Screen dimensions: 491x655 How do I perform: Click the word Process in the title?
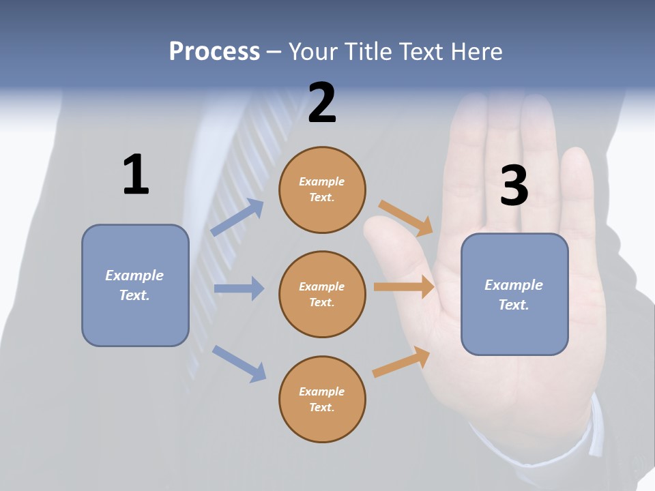point(214,52)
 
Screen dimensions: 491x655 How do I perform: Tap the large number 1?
point(135,175)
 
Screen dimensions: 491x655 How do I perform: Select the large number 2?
point(322,103)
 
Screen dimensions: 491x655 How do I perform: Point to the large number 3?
point(514,186)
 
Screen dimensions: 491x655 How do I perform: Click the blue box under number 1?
point(135,285)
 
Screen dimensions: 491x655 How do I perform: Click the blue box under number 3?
point(514,295)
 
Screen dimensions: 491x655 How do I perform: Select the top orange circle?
point(322,190)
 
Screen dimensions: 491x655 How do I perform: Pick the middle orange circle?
point(322,295)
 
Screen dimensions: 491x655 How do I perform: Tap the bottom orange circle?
point(322,400)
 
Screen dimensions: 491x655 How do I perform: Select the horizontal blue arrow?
point(239,288)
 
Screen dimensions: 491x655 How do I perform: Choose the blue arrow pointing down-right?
point(239,363)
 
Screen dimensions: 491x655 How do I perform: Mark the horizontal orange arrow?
point(404,287)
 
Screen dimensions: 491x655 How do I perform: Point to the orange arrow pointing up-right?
point(401,362)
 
